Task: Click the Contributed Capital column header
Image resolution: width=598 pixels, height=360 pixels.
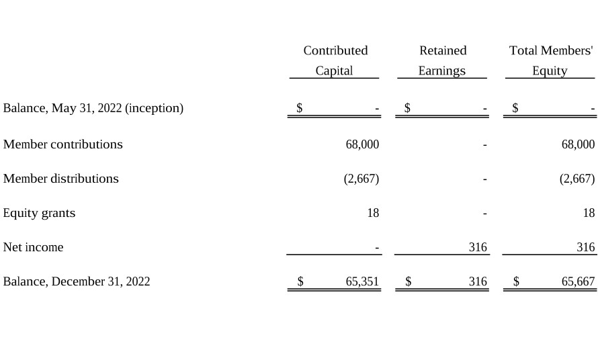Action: click(335, 60)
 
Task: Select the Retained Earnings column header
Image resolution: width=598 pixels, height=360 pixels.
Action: click(442, 60)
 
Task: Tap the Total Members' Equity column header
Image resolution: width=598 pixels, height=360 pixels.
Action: click(551, 60)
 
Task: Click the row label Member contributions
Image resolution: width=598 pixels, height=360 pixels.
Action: click(63, 144)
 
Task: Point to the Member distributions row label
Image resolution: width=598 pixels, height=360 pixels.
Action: click(61, 179)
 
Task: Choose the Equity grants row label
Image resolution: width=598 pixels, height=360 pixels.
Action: click(39, 213)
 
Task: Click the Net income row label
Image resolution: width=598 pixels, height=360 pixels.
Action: click(33, 247)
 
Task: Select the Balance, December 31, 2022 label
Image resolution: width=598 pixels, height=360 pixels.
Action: click(77, 281)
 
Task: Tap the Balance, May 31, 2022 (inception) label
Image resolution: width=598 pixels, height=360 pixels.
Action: click(93, 108)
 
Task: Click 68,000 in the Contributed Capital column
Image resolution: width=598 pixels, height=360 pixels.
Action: click(362, 144)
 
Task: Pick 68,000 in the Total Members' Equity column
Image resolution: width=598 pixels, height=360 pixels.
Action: click(578, 144)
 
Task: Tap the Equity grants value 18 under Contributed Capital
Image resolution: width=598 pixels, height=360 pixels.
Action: click(373, 213)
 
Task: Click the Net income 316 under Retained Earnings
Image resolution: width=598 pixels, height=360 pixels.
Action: click(478, 247)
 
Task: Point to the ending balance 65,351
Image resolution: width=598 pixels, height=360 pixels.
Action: click(362, 281)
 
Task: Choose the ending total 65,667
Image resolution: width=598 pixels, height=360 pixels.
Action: click(578, 281)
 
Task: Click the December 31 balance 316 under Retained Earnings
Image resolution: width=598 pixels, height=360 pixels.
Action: click(478, 281)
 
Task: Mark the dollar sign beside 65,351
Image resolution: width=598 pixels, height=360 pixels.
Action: click(300, 281)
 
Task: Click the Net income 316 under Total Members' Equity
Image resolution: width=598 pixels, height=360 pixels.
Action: click(586, 247)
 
